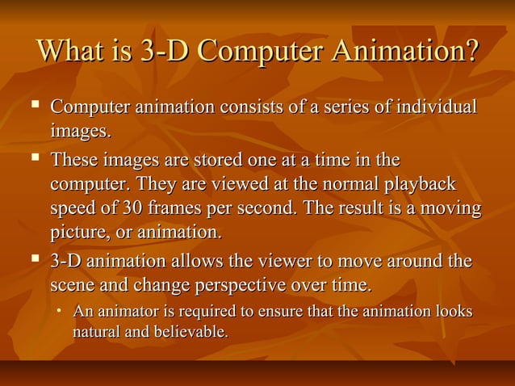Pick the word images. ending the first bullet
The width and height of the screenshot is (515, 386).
pyautogui.click(x=79, y=130)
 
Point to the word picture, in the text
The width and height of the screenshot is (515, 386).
pyautogui.click(x=79, y=233)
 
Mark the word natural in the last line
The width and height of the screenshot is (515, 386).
pyautogui.click(x=96, y=331)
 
